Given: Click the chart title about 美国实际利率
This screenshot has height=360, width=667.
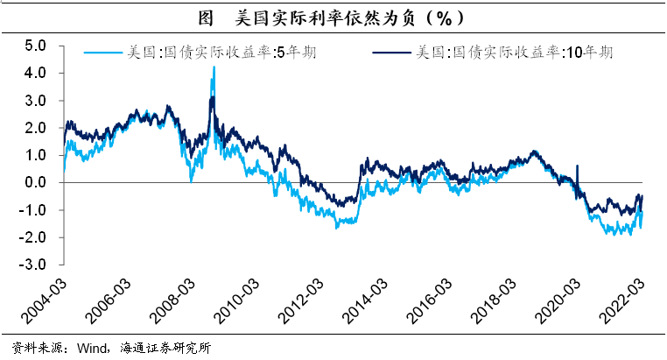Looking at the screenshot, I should point(333,17).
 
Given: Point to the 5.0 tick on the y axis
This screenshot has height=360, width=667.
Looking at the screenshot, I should point(34,46).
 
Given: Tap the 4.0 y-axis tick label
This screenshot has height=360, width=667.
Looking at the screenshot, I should point(34,73).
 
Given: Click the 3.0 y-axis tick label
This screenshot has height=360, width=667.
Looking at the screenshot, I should point(34,101).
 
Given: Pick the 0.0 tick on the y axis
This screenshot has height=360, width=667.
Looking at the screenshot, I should point(34,182).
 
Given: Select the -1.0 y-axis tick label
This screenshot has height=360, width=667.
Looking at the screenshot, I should point(32,210).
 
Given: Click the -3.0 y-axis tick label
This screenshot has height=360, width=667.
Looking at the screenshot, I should point(32,265).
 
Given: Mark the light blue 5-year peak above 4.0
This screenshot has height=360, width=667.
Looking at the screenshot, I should point(214,67).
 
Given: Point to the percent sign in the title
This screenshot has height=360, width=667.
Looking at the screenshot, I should point(446,17).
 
